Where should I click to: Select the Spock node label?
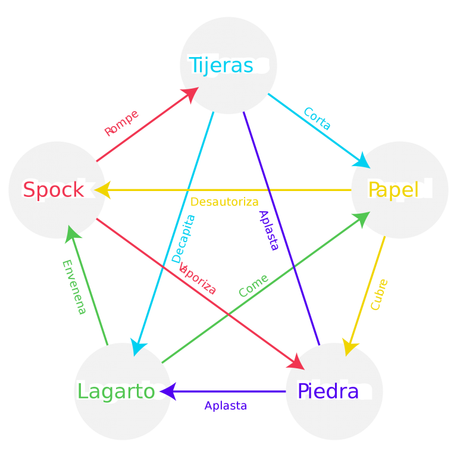point(54,190)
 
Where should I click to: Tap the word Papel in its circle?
point(393,190)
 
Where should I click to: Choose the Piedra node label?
point(328,392)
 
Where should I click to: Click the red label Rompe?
point(121,123)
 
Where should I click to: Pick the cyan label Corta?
point(317,118)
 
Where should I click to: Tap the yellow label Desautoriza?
point(224,202)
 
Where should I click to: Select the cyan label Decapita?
point(183,239)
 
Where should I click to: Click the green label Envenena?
point(74,287)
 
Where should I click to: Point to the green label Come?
point(253,286)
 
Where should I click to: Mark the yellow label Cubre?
point(379,294)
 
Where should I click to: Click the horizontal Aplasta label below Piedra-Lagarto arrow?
point(225,406)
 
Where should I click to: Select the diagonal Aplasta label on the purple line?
point(268,230)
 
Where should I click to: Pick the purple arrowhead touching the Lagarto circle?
point(168,392)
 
